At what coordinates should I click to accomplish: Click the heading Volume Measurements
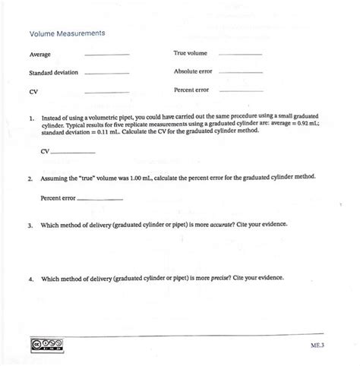67,34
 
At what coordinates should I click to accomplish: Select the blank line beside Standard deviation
107,74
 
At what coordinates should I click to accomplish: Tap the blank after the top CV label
107,92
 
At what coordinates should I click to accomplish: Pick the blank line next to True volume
240,55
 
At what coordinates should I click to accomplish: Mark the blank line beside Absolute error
240,73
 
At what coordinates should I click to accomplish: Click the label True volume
189,54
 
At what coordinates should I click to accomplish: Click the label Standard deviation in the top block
54,73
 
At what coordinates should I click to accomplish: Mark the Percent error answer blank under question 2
100,199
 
